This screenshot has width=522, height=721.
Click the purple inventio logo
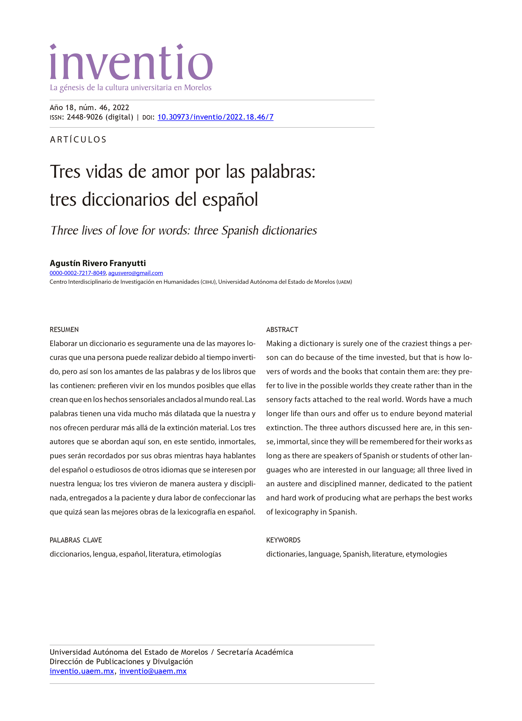click(131, 62)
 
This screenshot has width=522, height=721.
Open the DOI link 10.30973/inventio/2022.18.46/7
click(215, 117)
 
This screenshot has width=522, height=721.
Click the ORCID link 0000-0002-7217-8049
click(78, 273)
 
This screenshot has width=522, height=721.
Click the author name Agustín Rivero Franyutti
click(98, 263)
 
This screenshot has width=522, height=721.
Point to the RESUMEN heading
click(64, 329)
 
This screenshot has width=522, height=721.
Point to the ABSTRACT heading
click(282, 329)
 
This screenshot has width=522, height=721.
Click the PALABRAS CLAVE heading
click(76, 540)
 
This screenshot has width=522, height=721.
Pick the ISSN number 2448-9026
click(85, 117)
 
